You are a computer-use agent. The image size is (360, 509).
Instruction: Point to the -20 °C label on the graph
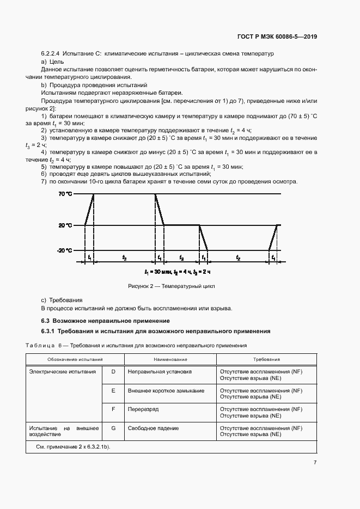[65, 250]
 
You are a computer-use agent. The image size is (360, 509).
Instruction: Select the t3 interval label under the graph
[181, 257]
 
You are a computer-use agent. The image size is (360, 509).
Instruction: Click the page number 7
[315, 462]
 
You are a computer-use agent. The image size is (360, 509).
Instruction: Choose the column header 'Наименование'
[170, 359]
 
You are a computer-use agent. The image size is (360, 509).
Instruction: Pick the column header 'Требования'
[266, 359]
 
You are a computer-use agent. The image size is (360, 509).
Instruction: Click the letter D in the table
[113, 371]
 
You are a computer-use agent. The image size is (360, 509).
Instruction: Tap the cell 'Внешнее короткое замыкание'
[166, 391]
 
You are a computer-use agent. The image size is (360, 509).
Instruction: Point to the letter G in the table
[113, 428]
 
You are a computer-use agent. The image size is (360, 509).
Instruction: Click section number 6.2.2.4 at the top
[51, 55]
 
